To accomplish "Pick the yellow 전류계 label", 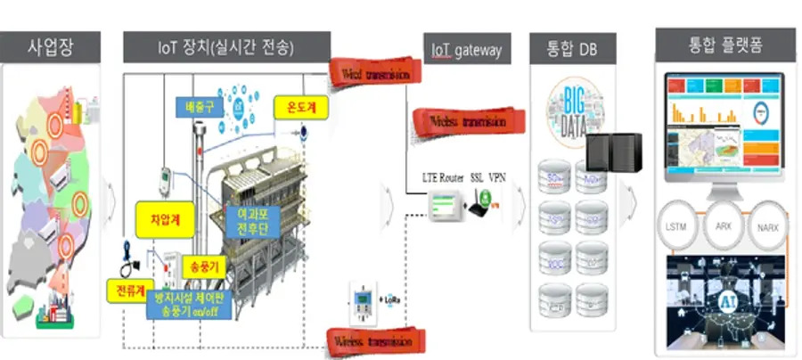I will click(130, 290).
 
